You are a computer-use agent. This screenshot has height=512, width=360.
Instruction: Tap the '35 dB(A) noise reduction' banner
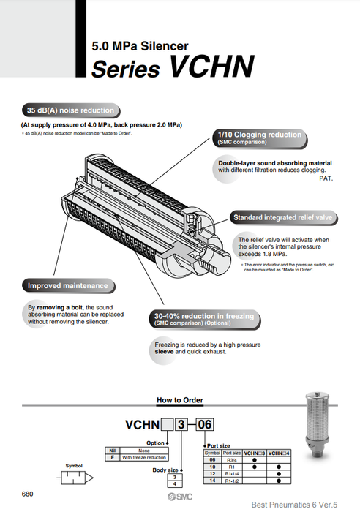point(70,110)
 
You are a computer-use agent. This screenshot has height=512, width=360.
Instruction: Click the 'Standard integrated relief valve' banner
point(282,217)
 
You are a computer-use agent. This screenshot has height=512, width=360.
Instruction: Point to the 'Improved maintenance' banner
point(67,285)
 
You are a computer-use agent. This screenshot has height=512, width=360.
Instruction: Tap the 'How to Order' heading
point(179,400)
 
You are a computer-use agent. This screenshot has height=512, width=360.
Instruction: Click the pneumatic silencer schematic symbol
point(76,476)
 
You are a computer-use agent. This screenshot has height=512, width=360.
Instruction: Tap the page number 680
point(28,494)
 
